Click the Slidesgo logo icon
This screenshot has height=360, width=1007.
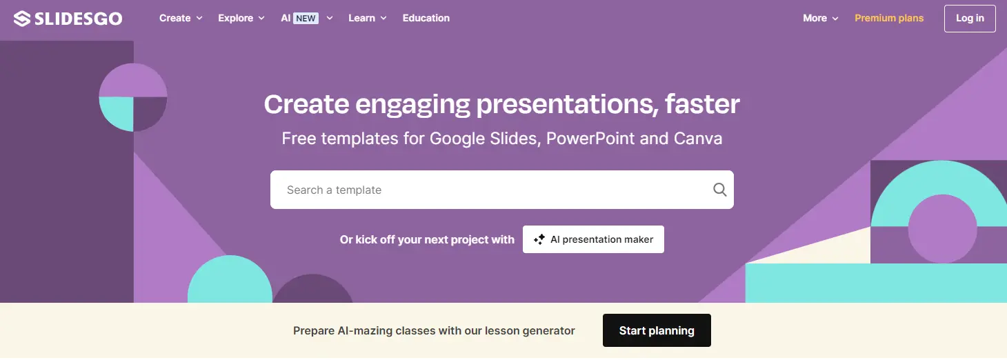point(22,19)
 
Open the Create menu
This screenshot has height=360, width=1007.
point(181,18)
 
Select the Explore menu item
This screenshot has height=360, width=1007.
point(241,18)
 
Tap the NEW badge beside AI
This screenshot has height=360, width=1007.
point(306,19)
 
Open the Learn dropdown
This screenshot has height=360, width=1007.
point(368,18)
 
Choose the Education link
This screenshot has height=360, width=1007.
point(426,18)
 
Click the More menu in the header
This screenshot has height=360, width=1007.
point(821,18)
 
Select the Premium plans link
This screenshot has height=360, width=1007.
point(889,18)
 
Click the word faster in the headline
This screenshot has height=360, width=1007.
point(702,104)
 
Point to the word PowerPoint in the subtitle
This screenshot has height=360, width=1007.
point(590,139)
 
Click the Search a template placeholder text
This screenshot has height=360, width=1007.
point(334,190)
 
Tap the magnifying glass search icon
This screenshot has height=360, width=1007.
point(720,190)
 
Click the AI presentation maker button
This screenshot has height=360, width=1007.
point(593,239)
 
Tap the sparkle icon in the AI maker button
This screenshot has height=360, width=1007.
point(539,239)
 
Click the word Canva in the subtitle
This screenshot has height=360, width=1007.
point(698,139)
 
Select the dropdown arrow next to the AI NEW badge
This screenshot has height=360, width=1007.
point(330,19)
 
